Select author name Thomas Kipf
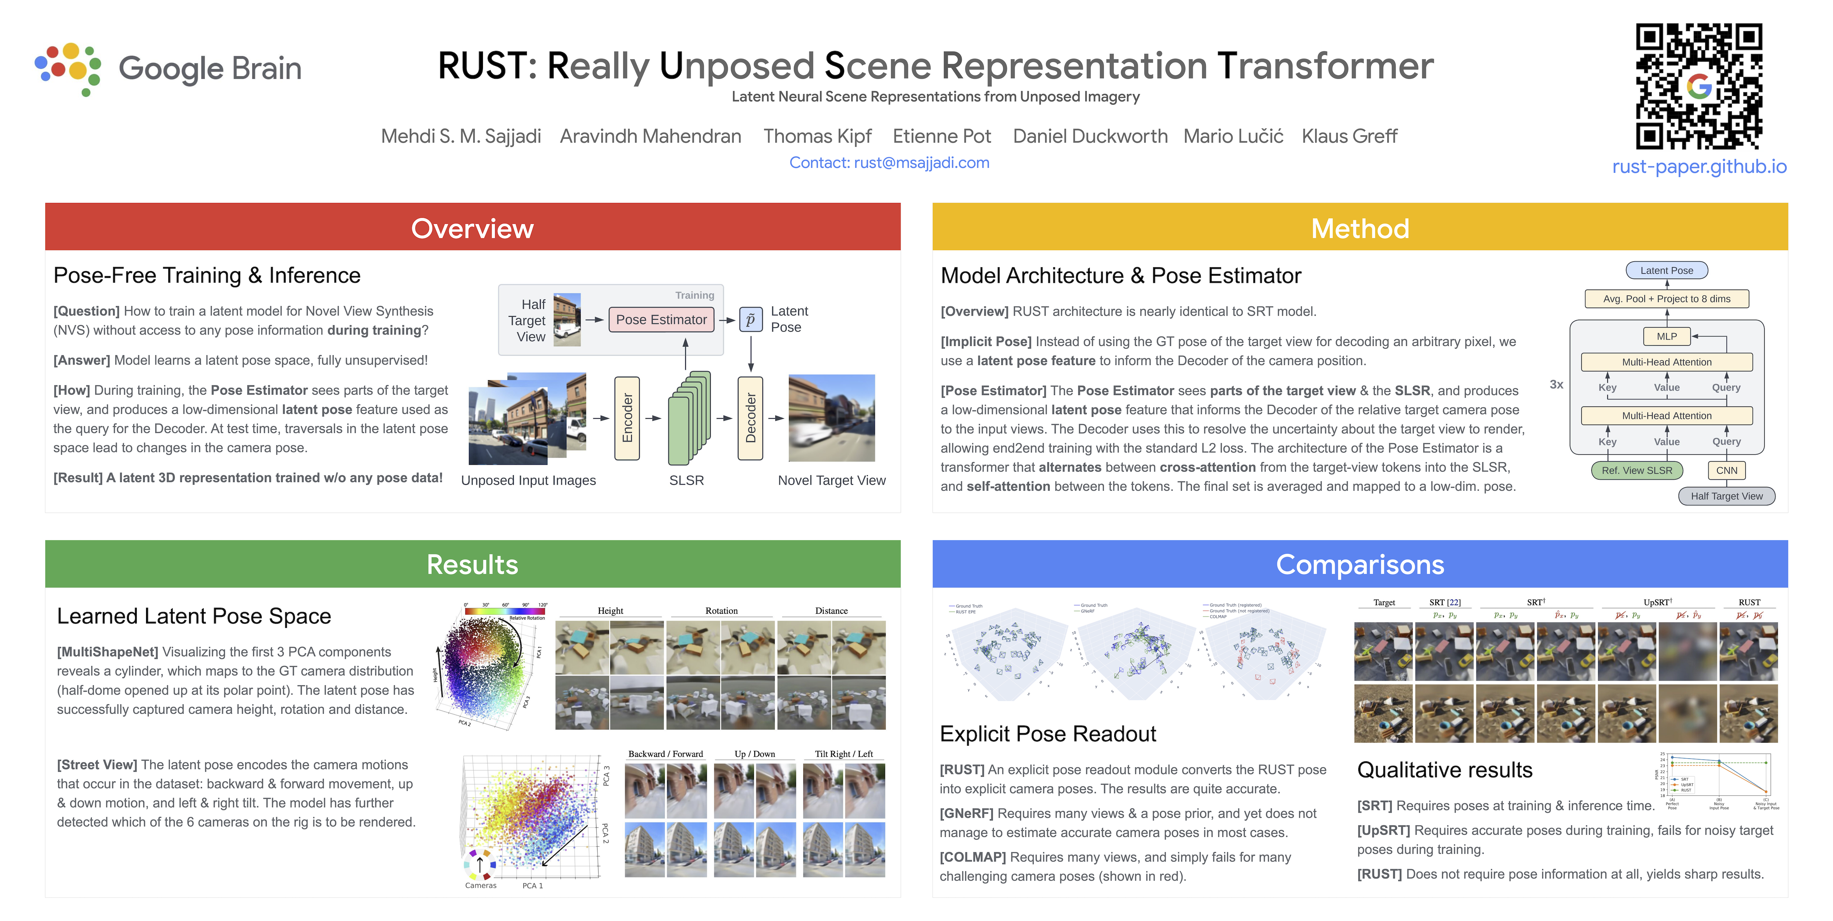(x=817, y=136)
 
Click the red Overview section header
(x=473, y=228)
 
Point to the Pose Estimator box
(x=661, y=319)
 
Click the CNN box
(x=1726, y=471)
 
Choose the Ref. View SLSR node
(x=1636, y=471)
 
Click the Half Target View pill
(x=1726, y=496)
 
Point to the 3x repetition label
(x=1556, y=384)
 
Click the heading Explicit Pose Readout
(x=1048, y=734)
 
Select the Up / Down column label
(x=754, y=754)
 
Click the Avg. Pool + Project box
(x=1667, y=299)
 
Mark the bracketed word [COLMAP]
(x=972, y=857)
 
